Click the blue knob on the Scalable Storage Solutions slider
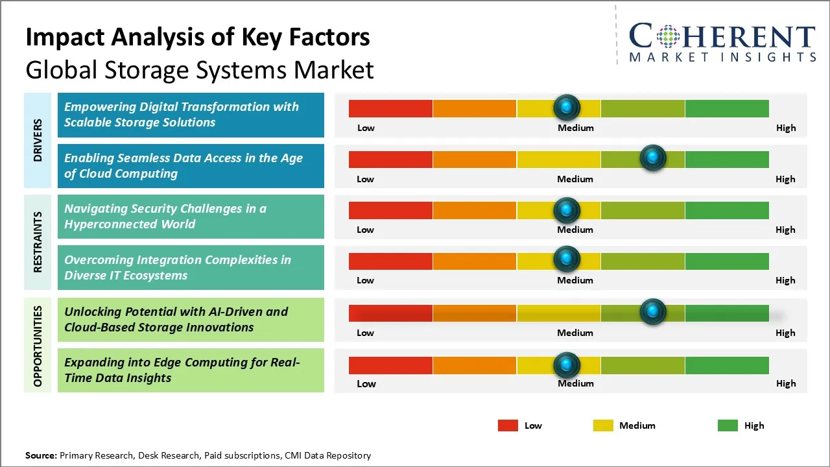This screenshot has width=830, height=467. coord(567,107)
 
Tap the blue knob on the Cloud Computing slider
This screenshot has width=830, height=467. coord(652,158)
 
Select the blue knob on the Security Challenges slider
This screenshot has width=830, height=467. coord(567,210)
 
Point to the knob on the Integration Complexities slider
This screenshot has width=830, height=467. coord(567,259)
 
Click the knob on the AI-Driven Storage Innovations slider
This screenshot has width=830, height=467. coord(652,312)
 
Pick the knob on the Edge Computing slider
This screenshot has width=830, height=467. coord(567,365)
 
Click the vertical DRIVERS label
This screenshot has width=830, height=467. coord(38,140)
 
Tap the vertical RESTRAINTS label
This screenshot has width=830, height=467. coord(38,241)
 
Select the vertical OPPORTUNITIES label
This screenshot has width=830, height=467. coord(38,346)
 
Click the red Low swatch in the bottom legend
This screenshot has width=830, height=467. coord(508,425)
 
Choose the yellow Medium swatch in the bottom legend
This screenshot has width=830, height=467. coord(603,425)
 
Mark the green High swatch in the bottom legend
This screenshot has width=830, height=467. coord(728,425)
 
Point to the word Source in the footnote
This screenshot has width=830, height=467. coord(41,455)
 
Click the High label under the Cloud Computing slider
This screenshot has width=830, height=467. coord(785,179)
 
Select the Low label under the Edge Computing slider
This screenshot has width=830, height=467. coord(366,383)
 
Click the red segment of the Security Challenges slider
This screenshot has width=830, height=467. coord(390,210)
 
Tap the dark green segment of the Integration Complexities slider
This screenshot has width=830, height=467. coord(726,261)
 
